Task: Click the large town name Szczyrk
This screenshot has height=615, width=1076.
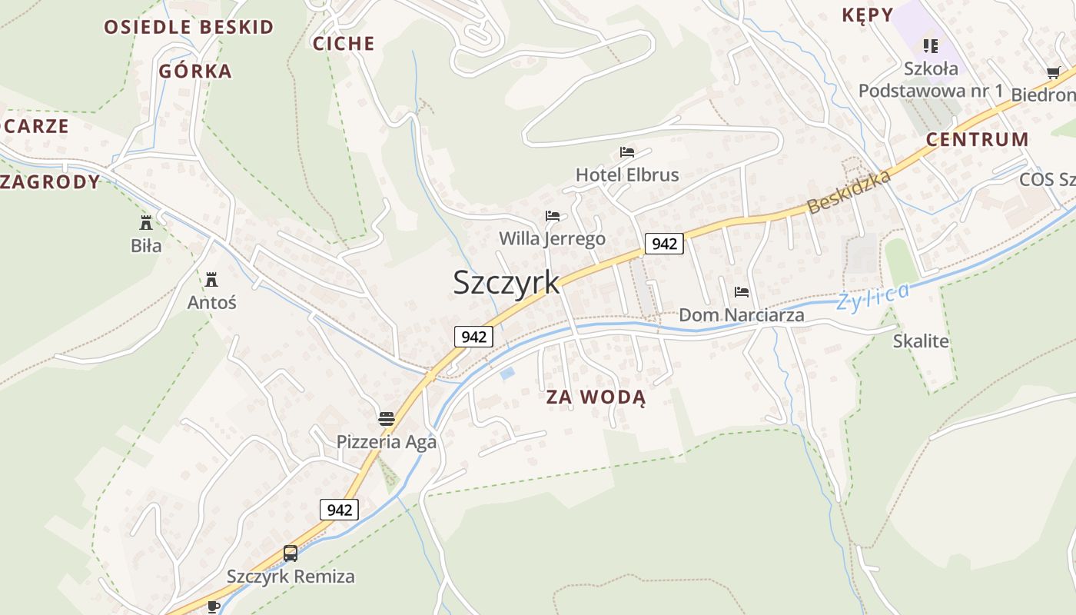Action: click(506, 282)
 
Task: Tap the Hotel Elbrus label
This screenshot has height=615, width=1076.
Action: click(627, 175)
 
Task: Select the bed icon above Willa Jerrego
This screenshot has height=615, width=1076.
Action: click(552, 216)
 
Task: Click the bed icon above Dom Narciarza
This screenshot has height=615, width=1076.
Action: click(742, 292)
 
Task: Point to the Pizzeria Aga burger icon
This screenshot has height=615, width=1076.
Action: click(387, 419)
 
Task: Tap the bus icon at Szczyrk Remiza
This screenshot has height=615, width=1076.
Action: click(291, 553)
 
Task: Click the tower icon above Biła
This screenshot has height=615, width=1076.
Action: click(145, 223)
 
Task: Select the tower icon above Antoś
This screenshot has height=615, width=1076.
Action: click(211, 279)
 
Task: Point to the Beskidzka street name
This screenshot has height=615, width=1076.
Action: click(849, 191)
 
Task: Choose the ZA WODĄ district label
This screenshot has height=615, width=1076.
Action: click(596, 397)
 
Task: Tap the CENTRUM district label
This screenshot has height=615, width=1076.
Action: click(977, 139)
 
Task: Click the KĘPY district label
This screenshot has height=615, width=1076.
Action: click(868, 15)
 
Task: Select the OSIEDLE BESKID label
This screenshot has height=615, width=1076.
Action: click(189, 27)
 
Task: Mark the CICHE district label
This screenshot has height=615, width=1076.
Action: click(344, 43)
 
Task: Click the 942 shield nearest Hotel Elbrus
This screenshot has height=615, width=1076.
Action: click(664, 244)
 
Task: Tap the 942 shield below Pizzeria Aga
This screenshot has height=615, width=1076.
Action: click(339, 510)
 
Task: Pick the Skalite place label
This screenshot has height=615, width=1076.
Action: click(921, 341)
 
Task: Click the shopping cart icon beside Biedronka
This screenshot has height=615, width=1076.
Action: click(1053, 73)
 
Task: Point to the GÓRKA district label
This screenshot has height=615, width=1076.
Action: click(195, 71)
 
